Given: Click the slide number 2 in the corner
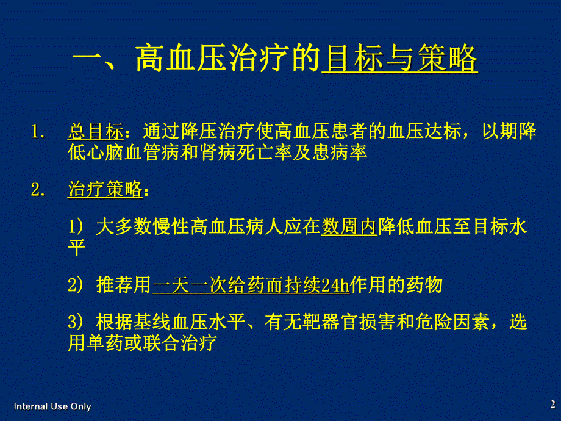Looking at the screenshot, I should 552,404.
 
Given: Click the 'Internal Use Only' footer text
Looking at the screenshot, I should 52,406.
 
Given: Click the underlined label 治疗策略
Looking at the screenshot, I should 104,190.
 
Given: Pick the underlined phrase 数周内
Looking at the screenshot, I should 350,228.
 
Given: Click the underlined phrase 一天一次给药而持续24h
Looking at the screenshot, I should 251,285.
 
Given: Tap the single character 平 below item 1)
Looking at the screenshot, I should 77,248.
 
